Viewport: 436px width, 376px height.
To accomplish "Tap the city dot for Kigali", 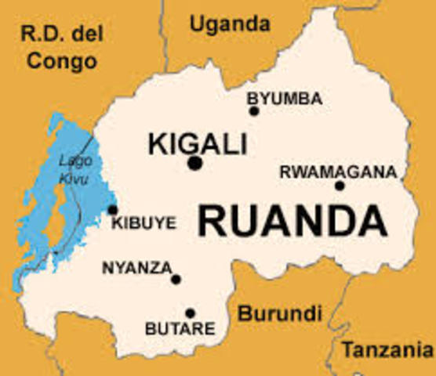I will (194, 163).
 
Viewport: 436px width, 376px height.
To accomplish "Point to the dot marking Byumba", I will (254, 111).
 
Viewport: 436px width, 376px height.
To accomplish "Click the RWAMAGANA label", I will (338, 172).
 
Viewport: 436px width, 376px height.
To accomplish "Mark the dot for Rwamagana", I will (340, 186).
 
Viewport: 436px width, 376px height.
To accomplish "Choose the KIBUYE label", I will (144, 224).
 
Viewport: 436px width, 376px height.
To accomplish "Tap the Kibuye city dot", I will (113, 210).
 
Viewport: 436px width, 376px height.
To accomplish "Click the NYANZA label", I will (136, 268).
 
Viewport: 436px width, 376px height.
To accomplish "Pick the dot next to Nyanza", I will (176, 279).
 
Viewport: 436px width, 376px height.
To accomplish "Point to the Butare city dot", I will (190, 313).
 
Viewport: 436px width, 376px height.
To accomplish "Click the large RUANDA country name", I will (292, 220).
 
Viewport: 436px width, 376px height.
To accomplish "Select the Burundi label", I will (280, 314).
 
